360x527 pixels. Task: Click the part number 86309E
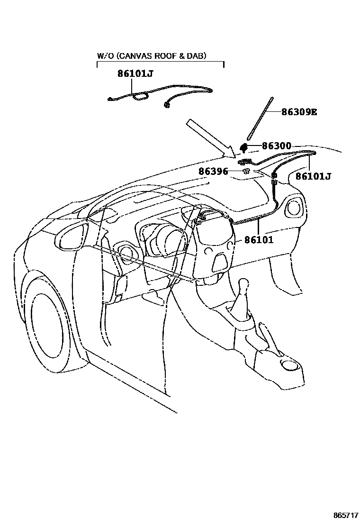pos(298,112)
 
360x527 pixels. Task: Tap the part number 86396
pos(213,171)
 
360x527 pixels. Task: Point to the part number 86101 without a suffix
pos(259,240)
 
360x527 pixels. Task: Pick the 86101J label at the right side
pos(313,176)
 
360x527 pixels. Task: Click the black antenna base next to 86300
pos(244,146)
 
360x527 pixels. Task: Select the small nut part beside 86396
pos(247,171)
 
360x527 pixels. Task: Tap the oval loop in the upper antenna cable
pos(140,97)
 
